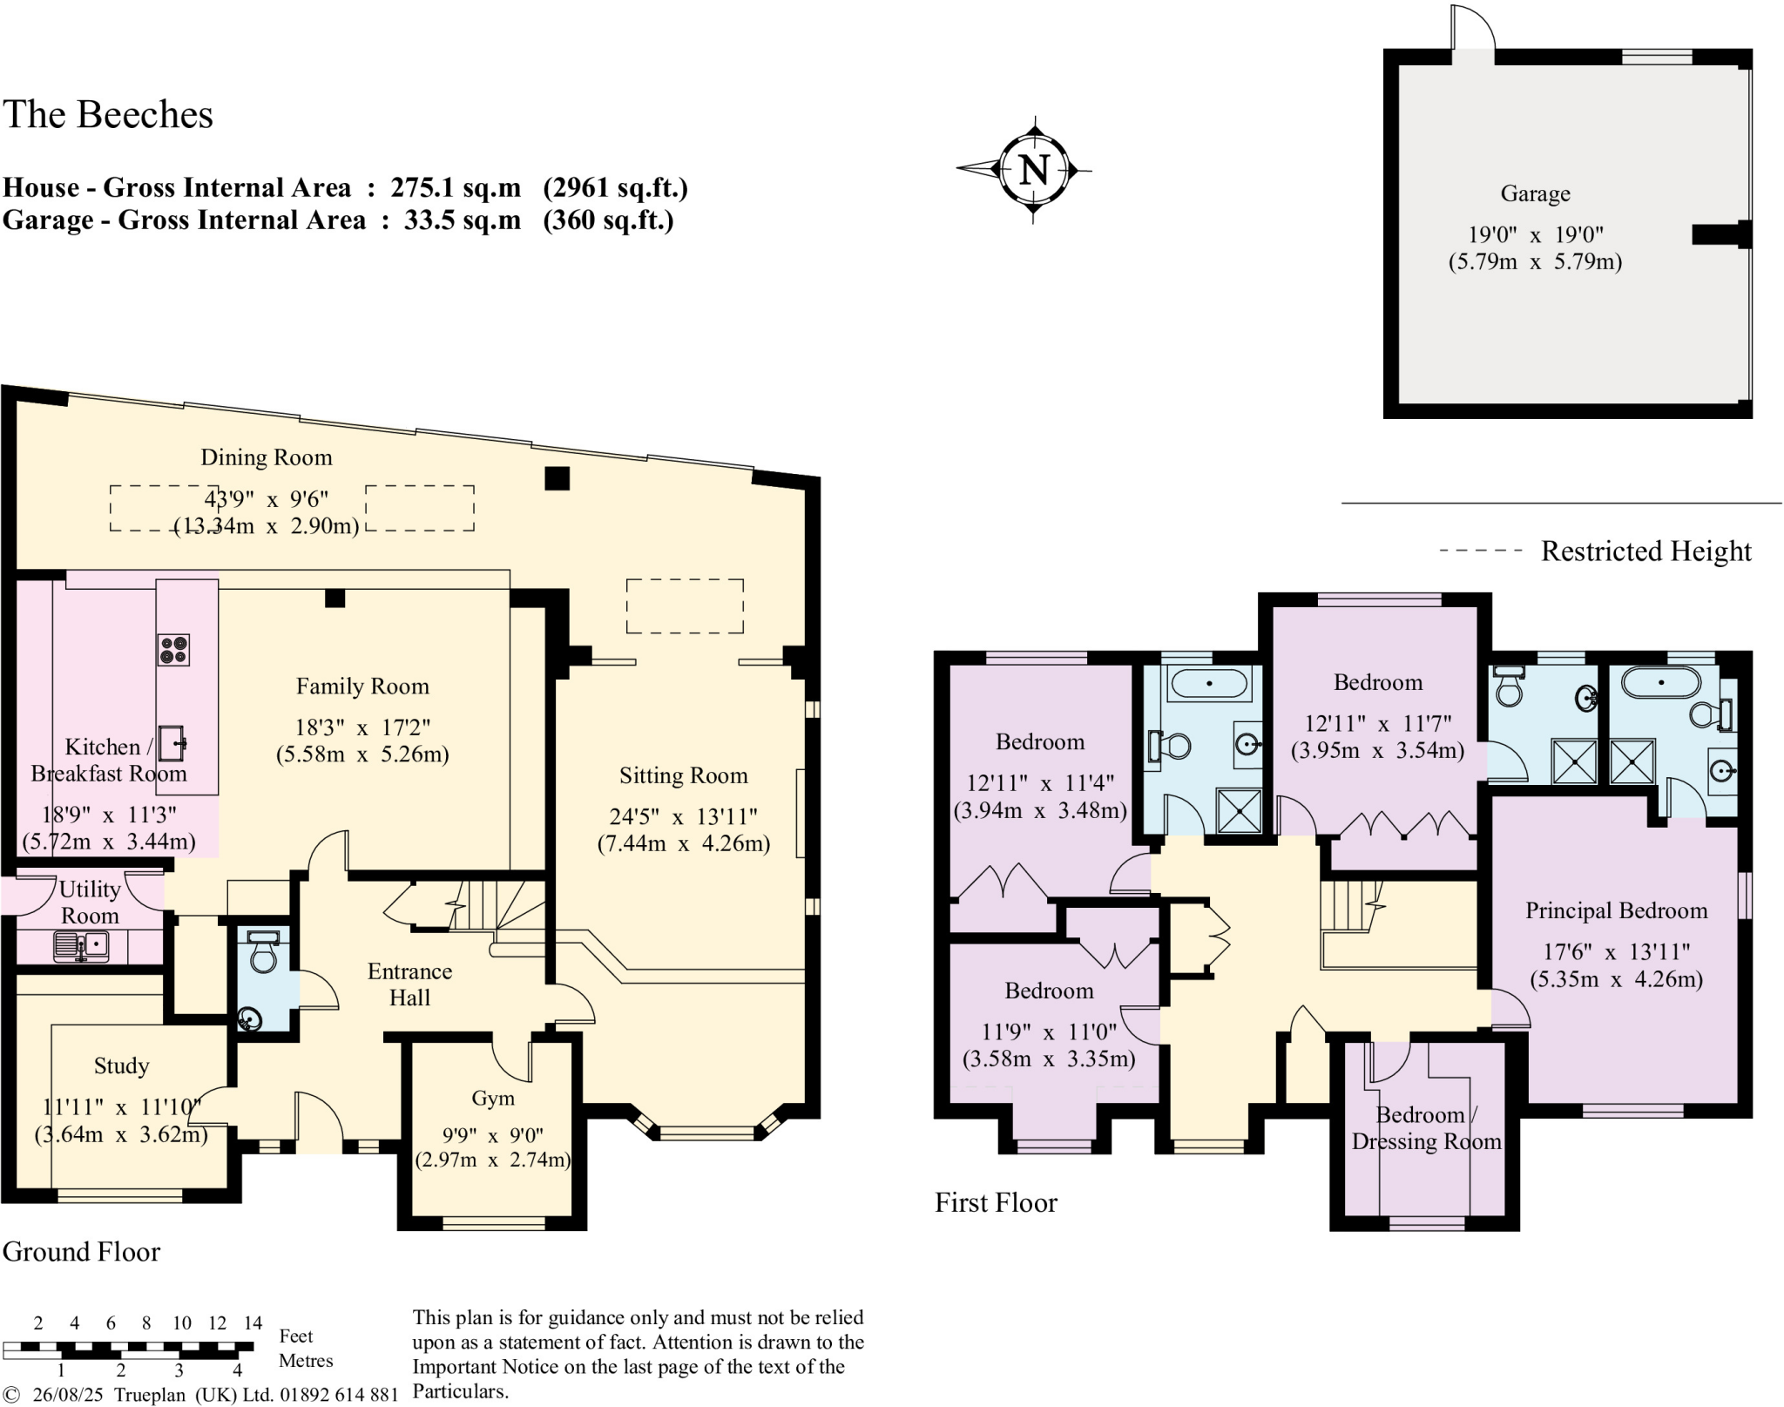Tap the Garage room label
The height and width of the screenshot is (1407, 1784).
(x=1535, y=193)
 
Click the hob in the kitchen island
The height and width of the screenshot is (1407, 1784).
(x=172, y=650)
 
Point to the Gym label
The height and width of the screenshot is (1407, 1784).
(x=493, y=1099)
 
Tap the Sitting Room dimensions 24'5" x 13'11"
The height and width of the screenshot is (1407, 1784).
(x=683, y=817)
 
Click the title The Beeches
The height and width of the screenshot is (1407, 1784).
(x=108, y=115)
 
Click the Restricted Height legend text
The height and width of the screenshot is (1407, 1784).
(x=1645, y=551)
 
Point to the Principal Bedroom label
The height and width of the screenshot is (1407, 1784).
(x=1616, y=911)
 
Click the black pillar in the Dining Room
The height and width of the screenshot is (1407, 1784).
(x=557, y=478)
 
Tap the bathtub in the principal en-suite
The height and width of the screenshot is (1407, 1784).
(x=1660, y=683)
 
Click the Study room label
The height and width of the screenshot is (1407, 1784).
(x=121, y=1066)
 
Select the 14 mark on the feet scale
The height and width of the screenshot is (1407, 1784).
(x=253, y=1323)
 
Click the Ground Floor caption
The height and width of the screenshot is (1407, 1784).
(x=81, y=1252)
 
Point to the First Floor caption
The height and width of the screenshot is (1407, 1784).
(x=996, y=1203)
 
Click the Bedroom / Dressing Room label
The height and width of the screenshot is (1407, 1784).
(x=1426, y=1129)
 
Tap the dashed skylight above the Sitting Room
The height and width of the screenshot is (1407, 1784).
(x=685, y=605)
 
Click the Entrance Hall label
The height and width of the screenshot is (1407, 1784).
(x=409, y=984)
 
